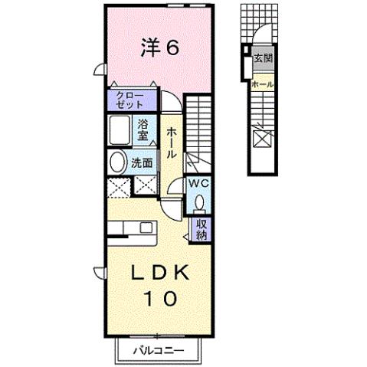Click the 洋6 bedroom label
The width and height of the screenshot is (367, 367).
click(x=159, y=48)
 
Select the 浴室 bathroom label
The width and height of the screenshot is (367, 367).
click(x=144, y=130)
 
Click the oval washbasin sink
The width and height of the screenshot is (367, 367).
click(x=118, y=162)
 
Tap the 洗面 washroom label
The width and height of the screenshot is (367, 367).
click(x=142, y=162)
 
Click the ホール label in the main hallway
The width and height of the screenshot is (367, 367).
click(x=171, y=143)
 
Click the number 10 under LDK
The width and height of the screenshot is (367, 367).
click(x=159, y=297)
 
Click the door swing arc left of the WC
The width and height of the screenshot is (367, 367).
click(x=175, y=188)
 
